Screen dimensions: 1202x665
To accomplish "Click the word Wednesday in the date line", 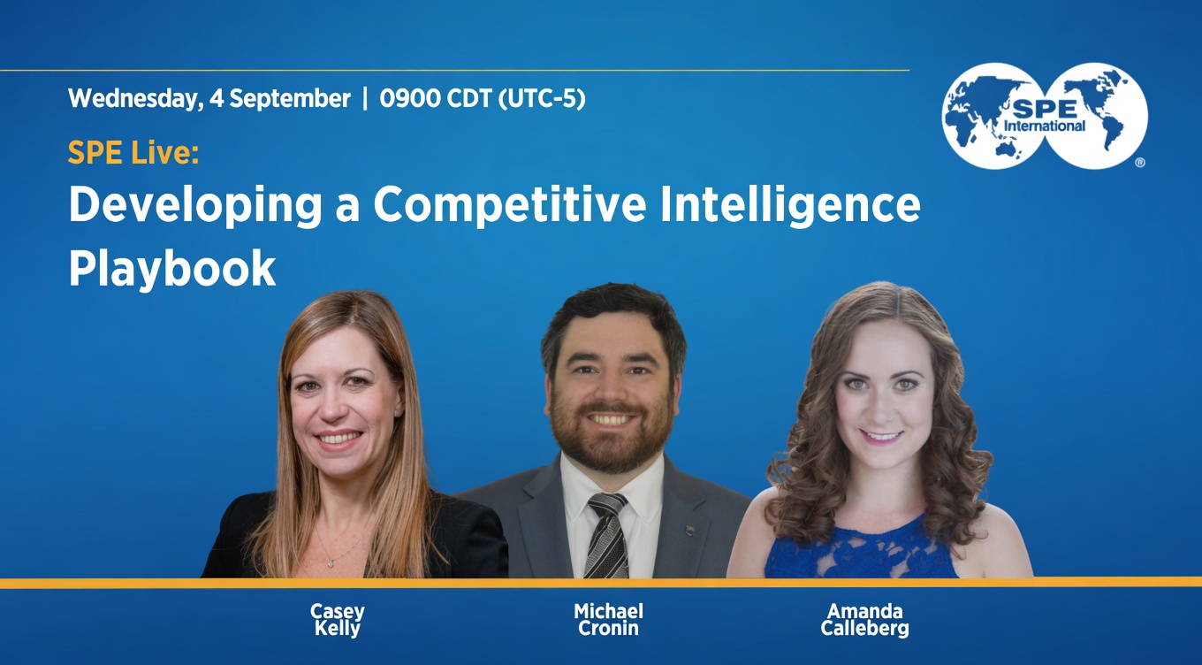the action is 136,99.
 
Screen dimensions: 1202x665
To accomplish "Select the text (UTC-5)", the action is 542,99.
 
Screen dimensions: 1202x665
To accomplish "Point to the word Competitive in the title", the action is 510,206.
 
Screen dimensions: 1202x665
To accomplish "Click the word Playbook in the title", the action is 172,269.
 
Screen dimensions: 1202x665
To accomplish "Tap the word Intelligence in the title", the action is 790,206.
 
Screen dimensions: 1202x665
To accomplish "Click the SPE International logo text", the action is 1045,117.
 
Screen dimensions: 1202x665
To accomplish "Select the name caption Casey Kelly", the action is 337,619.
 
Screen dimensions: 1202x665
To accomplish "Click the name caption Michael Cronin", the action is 608,619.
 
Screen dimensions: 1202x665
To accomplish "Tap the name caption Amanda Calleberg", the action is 865,619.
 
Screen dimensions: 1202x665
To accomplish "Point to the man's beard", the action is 612,436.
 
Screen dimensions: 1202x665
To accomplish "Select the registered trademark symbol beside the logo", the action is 1140,162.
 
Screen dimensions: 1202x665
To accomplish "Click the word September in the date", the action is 290,99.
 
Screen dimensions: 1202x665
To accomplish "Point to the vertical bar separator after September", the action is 365,98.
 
